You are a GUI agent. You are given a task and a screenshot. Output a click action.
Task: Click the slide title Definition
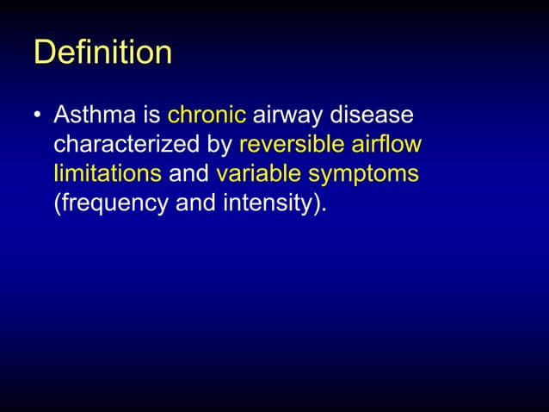[x=102, y=53]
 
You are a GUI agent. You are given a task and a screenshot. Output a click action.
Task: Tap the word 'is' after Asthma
[x=150, y=115]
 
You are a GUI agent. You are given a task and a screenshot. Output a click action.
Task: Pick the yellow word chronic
[x=207, y=115]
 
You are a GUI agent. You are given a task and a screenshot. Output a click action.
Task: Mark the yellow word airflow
[x=390, y=145]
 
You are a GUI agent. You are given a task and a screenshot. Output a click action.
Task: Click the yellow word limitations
[x=108, y=174]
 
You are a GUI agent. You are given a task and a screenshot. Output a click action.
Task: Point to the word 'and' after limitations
[x=189, y=174]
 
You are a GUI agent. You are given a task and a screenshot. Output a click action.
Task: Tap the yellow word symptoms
[x=363, y=175]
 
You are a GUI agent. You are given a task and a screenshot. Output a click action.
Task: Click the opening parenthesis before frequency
[x=58, y=204]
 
